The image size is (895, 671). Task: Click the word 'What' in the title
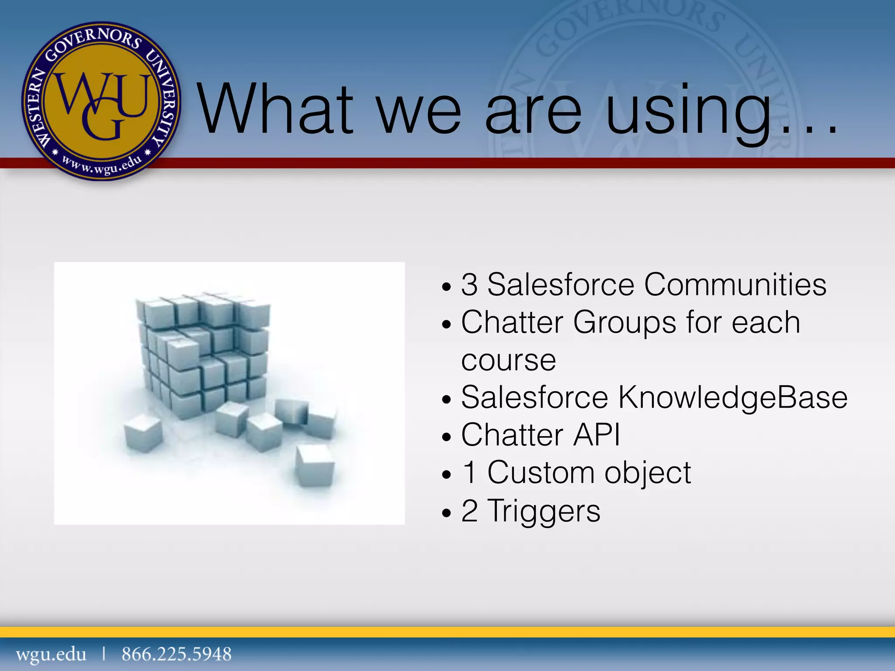[x=275, y=109]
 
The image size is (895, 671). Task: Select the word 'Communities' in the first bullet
[x=735, y=285]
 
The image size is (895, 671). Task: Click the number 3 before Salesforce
[x=469, y=285]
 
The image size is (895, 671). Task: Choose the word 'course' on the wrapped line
[x=508, y=361]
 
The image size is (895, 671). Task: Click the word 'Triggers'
[x=544, y=511]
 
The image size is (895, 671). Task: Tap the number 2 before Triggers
[x=469, y=511]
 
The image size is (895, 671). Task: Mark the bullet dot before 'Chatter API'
[x=446, y=437]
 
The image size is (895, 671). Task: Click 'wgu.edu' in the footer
[x=51, y=654]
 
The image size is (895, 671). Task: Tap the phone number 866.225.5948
[x=177, y=654]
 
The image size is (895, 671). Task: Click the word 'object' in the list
[x=648, y=474]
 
